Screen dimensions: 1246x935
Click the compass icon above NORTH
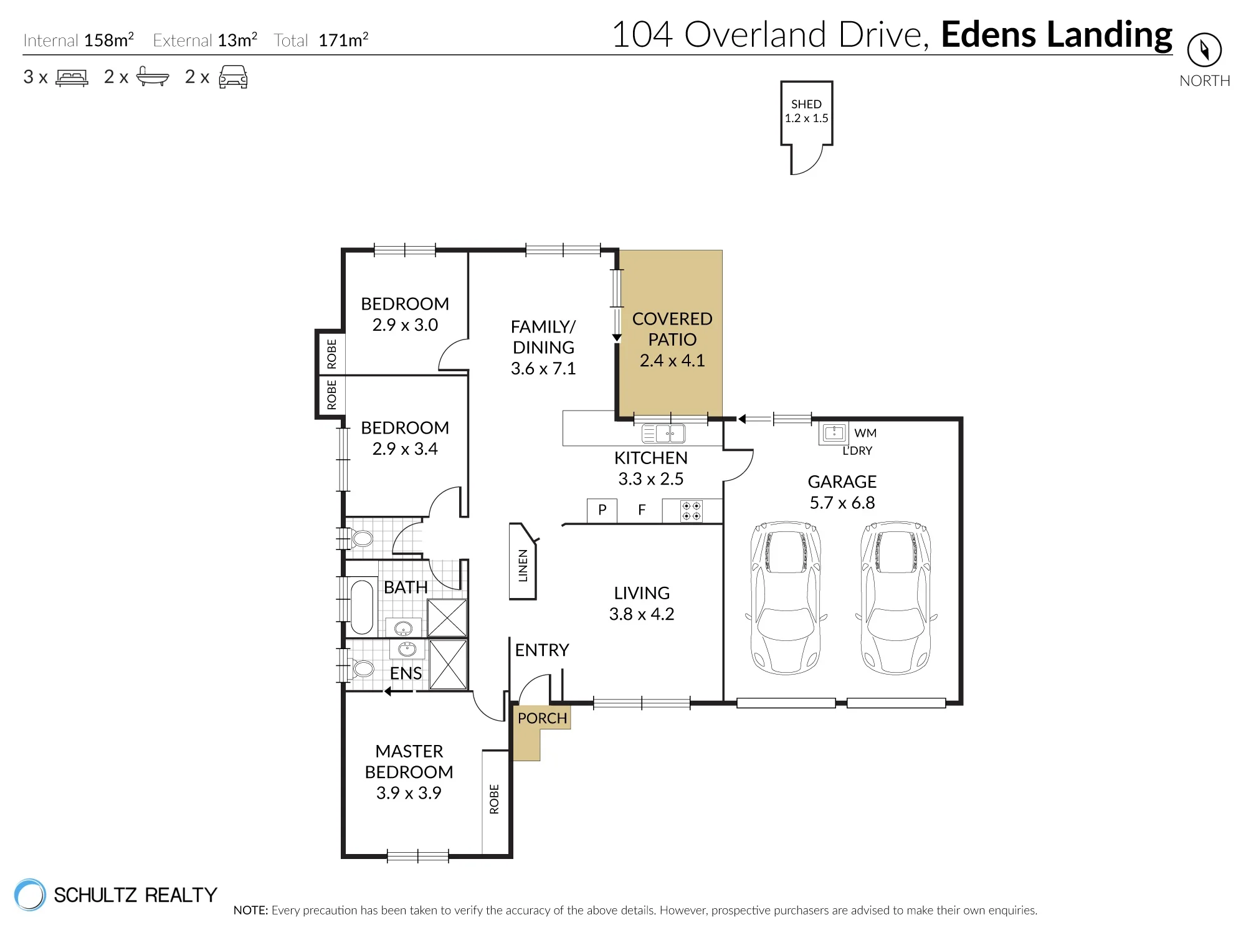[x=1204, y=50]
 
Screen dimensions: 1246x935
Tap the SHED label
[x=806, y=104]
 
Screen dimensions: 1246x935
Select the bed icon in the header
[x=72, y=77]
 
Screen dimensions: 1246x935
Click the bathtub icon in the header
[x=152, y=76]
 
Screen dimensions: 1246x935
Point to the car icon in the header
[x=233, y=77]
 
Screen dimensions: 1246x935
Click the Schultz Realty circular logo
[x=30, y=895]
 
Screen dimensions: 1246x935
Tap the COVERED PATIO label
[x=672, y=329]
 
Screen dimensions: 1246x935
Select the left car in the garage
[x=786, y=598]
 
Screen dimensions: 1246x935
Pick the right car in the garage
[x=896, y=598]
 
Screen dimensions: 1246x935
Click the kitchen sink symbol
[x=663, y=433]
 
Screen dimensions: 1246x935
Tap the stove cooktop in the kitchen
[x=692, y=511]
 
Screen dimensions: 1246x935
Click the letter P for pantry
[x=602, y=510]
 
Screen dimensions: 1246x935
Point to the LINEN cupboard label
[x=523, y=566]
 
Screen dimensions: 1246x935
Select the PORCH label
[x=542, y=718]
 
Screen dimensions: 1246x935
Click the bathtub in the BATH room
[x=362, y=607]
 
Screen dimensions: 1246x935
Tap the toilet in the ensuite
[x=361, y=669]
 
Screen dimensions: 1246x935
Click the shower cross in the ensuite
[x=448, y=665]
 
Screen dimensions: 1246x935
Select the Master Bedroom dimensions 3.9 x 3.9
[x=409, y=793]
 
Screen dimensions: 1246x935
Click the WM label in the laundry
[x=865, y=433]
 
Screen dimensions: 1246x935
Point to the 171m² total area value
[x=343, y=40]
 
